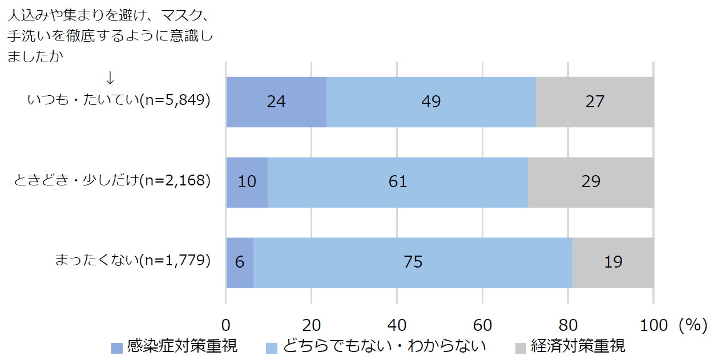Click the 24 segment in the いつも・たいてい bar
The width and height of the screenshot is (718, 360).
276,102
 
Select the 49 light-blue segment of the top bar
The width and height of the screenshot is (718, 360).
431,102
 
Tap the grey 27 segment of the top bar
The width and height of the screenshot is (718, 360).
595,102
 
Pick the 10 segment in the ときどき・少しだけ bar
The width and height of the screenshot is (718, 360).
247,181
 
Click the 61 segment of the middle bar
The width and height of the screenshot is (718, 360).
398,181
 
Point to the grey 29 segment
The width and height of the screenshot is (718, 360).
591,181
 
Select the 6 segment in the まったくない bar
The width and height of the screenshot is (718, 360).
240,262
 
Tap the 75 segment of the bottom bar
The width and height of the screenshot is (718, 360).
413,262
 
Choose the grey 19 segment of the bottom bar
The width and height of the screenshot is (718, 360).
613,262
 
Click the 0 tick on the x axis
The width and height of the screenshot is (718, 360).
226,325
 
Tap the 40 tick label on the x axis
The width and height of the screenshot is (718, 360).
397,325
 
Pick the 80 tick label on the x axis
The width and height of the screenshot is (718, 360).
567,325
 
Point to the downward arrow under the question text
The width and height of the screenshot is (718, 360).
111,77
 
